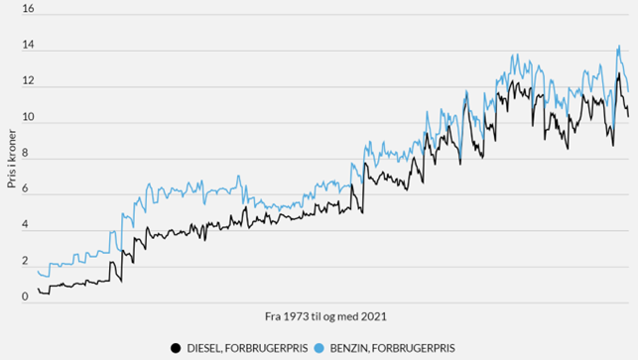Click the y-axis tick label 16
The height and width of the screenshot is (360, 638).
[x=28, y=10]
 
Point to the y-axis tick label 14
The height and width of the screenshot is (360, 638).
[x=28, y=47]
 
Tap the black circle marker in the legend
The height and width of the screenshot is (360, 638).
[x=176, y=348]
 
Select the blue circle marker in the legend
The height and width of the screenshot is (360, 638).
[x=319, y=348]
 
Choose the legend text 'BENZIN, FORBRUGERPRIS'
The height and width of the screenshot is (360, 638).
[x=389, y=348]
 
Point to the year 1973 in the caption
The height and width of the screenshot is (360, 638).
[x=296, y=315]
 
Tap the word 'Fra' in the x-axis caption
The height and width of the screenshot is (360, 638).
[x=274, y=315]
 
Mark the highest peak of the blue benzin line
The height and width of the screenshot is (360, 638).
[x=619, y=45]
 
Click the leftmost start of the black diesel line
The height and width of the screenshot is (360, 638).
[x=38, y=289]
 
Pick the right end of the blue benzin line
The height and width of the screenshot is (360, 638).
[x=628, y=92]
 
